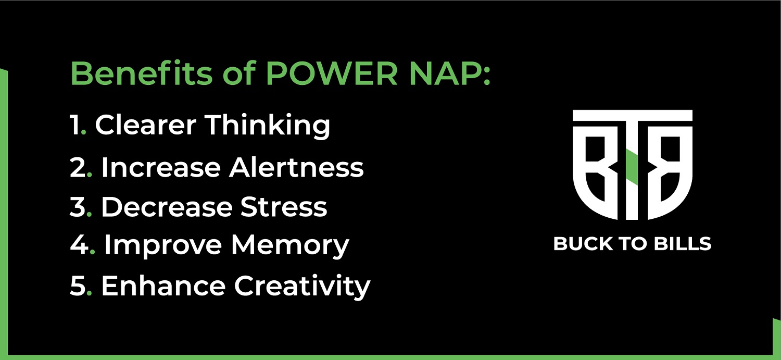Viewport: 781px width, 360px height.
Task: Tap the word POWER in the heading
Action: coord(332,73)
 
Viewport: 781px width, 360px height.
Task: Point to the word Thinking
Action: coord(267,126)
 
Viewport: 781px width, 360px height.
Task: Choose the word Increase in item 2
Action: coord(161,167)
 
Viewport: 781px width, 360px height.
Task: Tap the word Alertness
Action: coord(296,167)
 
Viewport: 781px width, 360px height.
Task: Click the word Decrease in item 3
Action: coord(167,207)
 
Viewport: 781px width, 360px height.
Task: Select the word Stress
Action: coord(284,207)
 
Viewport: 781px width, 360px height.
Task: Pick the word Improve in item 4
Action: coord(163,246)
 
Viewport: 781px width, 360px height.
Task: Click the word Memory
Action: coord(290,246)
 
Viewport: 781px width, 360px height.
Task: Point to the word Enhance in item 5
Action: coord(163,285)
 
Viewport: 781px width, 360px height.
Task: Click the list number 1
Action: coord(75,125)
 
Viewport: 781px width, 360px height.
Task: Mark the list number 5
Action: coord(78,285)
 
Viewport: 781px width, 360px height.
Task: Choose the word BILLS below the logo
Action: coord(682,243)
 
